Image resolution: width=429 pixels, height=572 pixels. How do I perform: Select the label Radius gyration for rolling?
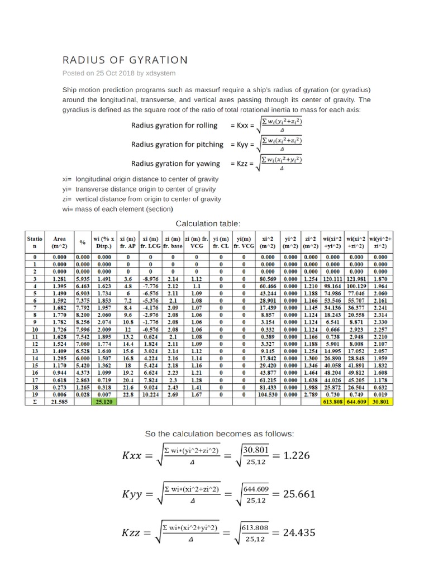click(x=174, y=126)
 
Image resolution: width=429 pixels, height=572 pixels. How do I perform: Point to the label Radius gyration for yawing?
click(x=175, y=164)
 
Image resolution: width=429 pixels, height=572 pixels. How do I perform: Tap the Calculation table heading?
click(x=208, y=223)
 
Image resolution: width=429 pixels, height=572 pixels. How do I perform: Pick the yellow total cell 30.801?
click(x=380, y=402)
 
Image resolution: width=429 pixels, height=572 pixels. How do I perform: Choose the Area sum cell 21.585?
click(x=59, y=402)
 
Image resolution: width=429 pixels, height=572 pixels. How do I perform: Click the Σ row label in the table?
click(x=35, y=402)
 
